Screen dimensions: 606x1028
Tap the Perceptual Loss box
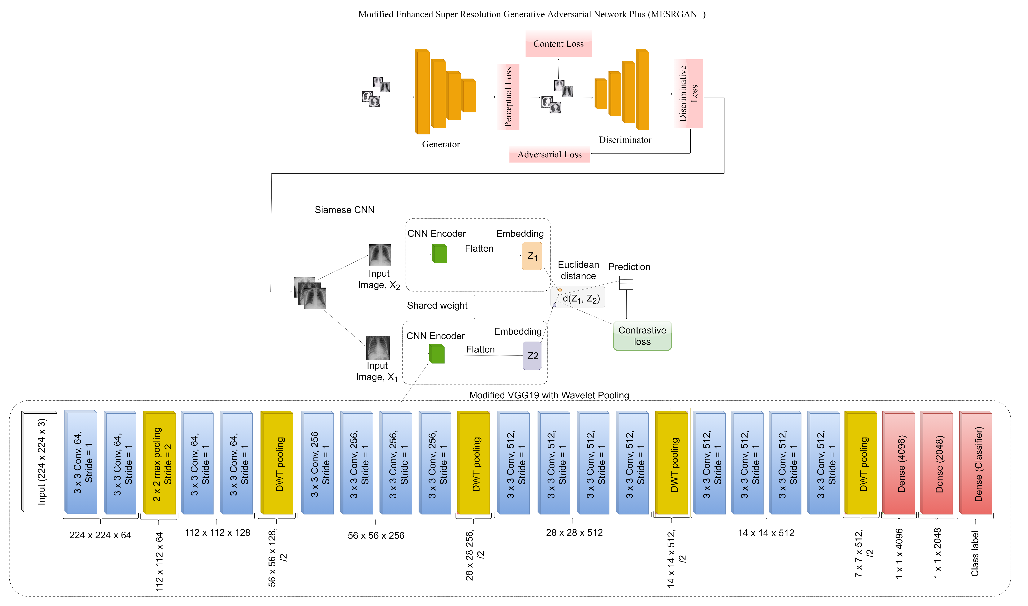(x=508, y=97)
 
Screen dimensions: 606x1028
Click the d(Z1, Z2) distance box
(x=580, y=298)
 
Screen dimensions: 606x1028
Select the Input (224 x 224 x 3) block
(x=40, y=461)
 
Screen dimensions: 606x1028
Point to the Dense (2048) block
(x=936, y=462)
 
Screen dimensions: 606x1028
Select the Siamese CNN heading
(x=344, y=210)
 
